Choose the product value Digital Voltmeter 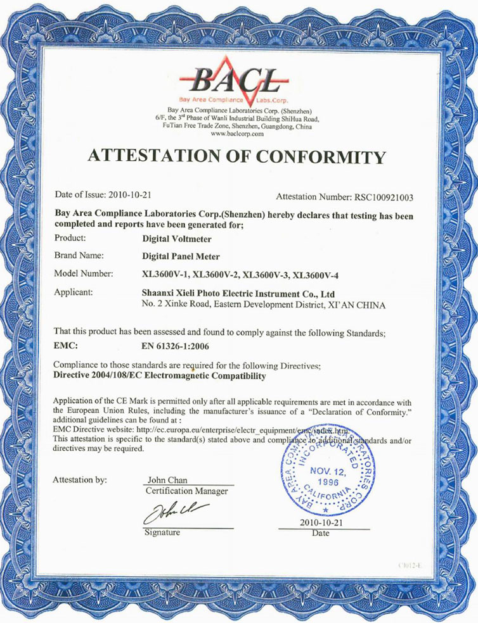177,241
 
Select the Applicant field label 74,293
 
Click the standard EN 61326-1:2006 174,346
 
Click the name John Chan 167,479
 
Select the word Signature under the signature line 162,533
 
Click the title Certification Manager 186,491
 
